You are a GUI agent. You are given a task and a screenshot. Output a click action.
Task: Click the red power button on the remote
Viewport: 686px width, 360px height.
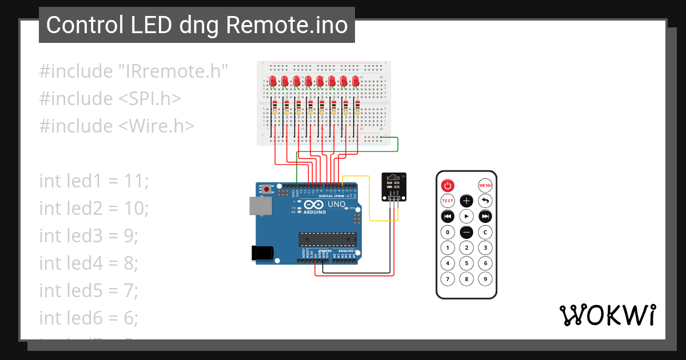(448, 185)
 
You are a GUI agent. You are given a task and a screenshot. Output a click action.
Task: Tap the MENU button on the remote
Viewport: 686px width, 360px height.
(485, 185)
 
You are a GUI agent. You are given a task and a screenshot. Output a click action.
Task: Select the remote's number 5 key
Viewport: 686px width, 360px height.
(466, 263)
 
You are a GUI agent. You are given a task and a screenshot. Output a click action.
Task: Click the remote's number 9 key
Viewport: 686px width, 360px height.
(485, 279)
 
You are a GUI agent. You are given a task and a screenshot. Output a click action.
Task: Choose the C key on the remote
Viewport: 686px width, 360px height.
(485, 232)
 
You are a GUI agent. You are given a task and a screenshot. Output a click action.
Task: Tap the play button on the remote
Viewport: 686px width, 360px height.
(466, 217)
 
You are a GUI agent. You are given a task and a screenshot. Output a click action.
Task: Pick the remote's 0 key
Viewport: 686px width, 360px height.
(448, 232)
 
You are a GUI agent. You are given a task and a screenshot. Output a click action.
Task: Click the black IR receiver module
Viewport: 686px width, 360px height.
(394, 187)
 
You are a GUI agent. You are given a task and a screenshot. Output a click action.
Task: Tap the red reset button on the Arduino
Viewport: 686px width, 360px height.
(266, 189)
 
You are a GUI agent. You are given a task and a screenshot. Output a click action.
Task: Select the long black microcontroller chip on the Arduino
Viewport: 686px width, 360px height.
(328, 239)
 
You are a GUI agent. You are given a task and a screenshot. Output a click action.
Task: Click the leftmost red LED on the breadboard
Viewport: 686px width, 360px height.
(273, 81)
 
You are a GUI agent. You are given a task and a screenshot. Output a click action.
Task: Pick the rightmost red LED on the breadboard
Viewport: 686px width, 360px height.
(356, 81)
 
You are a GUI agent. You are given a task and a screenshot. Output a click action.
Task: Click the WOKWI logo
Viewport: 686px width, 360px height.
(607, 315)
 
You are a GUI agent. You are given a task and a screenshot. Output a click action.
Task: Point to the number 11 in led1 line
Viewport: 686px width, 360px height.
(136, 181)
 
